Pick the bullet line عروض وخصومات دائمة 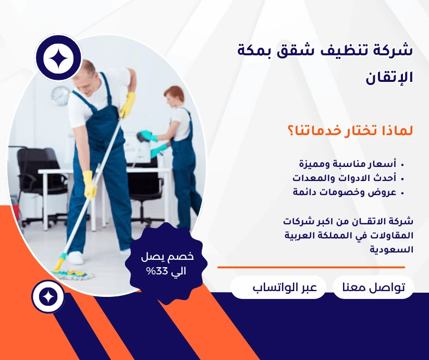pos(351,192)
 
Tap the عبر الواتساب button pos(278,288)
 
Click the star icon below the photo pos(48,297)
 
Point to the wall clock pos(60,95)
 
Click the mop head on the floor pos(70,272)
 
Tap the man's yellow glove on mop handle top pos(127,104)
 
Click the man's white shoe pos(75,257)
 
